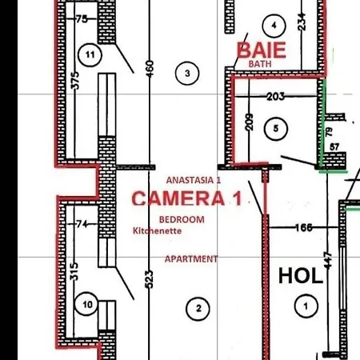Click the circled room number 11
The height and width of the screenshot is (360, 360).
coord(89,54)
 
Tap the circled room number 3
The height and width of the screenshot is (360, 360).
coord(187,74)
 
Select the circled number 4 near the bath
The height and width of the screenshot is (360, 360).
coord(275,26)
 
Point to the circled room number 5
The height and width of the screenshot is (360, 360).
coord(276,127)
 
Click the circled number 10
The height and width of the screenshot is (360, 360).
coord(89,304)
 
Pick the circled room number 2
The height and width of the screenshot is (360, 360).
coord(197,307)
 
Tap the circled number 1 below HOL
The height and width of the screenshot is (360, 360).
coord(303,304)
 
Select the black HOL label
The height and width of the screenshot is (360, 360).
coord(300,276)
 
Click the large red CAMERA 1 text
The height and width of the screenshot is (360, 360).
coord(186,198)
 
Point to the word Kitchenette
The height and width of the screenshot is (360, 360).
coord(158,231)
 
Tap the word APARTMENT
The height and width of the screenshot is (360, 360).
coord(191,259)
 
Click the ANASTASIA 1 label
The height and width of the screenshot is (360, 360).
coord(193,181)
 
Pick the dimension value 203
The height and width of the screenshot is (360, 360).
coord(275,97)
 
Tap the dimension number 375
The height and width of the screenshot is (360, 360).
coord(74,79)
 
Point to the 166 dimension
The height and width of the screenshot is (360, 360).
coord(302,228)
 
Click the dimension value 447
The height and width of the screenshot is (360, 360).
coord(326,260)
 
